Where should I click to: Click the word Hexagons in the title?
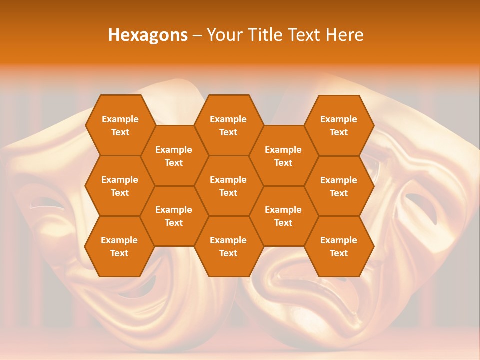click(x=148, y=35)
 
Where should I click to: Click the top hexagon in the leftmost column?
click(x=120, y=125)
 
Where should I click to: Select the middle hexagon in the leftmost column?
click(x=120, y=186)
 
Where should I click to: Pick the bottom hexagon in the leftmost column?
click(x=119, y=246)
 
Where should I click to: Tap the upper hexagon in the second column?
click(x=174, y=156)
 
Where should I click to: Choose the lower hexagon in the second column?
click(x=174, y=216)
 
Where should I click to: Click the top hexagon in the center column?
click(x=228, y=125)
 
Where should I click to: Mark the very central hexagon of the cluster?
click(x=228, y=186)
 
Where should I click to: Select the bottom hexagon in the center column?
click(x=228, y=246)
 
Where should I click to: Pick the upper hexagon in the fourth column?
click(x=283, y=156)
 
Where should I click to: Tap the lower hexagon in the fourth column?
click(x=283, y=216)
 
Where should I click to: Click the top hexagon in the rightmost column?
click(x=339, y=125)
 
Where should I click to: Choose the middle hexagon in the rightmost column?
click(x=339, y=186)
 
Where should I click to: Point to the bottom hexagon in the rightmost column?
click(x=339, y=246)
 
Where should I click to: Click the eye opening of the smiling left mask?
click(x=47, y=203)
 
